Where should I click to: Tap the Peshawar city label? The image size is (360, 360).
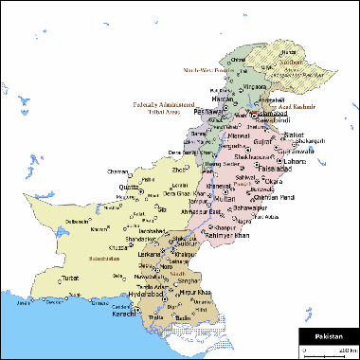[207, 112]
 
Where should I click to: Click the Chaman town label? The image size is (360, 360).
[118, 171]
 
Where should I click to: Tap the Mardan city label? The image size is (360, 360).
[222, 96]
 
